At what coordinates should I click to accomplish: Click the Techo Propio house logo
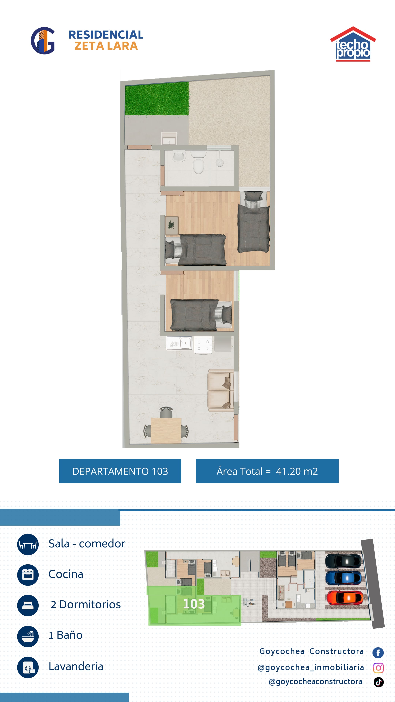(x=353, y=44)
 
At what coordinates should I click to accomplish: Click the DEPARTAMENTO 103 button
(x=120, y=471)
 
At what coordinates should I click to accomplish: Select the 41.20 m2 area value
(x=297, y=471)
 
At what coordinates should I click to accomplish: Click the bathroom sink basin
(x=179, y=156)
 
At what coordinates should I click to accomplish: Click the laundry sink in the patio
(x=169, y=138)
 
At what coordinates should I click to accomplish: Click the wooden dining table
(x=166, y=430)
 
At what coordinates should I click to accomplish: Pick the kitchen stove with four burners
(x=203, y=345)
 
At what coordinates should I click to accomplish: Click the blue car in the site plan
(x=344, y=578)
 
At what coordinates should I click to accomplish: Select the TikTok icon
(x=379, y=682)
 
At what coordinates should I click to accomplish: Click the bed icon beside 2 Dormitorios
(x=28, y=605)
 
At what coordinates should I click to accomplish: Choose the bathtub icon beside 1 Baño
(x=28, y=636)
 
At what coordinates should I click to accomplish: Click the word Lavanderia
(x=76, y=667)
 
